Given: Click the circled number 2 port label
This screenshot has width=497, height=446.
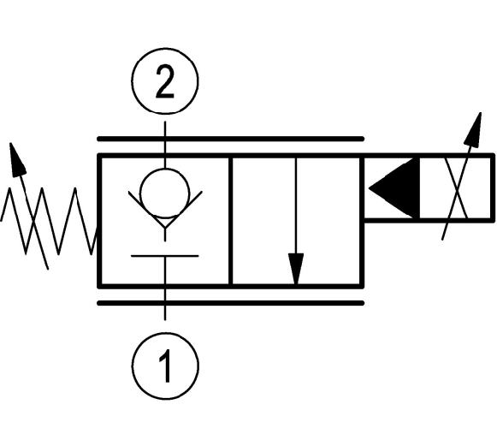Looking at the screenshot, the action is pos(165,80).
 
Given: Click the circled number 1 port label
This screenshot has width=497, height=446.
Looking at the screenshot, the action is pos(165,366).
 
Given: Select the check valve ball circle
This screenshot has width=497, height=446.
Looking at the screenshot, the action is pos(165,193).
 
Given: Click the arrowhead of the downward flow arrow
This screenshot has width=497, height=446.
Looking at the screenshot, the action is pos(296,268).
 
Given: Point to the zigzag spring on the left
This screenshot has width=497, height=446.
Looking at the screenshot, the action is pos(48,221).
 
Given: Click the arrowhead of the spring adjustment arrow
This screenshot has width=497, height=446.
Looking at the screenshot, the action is pos(16,159).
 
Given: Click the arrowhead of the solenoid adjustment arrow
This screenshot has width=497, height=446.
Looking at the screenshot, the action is pos(474,130).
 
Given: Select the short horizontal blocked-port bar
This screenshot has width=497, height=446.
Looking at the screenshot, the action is pos(165,255).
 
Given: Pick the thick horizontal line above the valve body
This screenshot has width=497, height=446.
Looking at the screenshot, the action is pos(230,139).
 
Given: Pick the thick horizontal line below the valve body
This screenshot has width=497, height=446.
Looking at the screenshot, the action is pos(230,303).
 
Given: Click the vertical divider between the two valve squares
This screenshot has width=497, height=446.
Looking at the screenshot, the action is pos(230,221).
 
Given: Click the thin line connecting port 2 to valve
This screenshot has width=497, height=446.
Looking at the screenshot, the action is pos(165,145).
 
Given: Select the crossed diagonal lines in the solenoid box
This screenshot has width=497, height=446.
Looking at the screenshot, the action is pos(457,188).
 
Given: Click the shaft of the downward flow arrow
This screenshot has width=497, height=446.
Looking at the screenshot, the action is pos(296,205).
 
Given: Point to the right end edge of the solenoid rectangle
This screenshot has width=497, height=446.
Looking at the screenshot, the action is pos(492,188).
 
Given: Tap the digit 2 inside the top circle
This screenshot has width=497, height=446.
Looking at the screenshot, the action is pos(165,81).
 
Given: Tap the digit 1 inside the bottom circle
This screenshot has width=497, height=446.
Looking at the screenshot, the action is pos(166,366).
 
